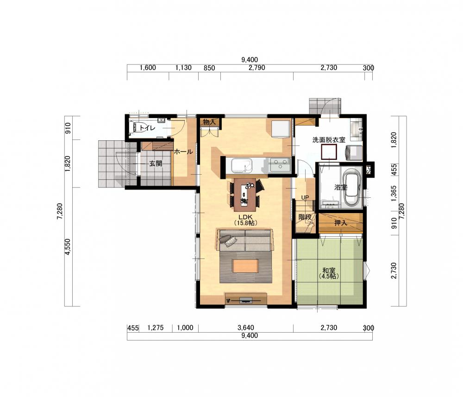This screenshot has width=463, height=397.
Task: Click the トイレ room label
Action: pos(147,128)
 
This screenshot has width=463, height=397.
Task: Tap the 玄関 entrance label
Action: pos(156,164)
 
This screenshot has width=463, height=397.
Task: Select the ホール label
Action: pos(183,152)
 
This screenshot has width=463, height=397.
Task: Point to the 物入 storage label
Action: pos(209,122)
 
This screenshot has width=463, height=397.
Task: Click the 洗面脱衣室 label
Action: pos(329,140)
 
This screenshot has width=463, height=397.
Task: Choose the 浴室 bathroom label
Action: pos(340,187)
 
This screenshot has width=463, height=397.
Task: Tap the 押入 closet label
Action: pos(340,223)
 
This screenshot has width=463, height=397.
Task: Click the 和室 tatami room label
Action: pos(329,270)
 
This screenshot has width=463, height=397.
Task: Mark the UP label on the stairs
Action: pos(305,197)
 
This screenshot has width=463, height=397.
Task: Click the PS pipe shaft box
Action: pos(369,170)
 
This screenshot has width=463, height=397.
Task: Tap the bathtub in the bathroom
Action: pos(352,188)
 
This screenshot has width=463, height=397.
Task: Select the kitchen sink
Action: pos(242,166)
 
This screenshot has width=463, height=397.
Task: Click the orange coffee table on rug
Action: pos(246,265)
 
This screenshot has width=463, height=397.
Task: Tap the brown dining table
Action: pos(244,194)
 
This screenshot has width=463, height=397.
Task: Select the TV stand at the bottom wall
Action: pos(246,299)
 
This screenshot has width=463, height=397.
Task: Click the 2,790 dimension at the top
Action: pos(257,68)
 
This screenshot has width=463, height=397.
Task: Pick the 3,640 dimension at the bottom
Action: pos(246,328)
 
